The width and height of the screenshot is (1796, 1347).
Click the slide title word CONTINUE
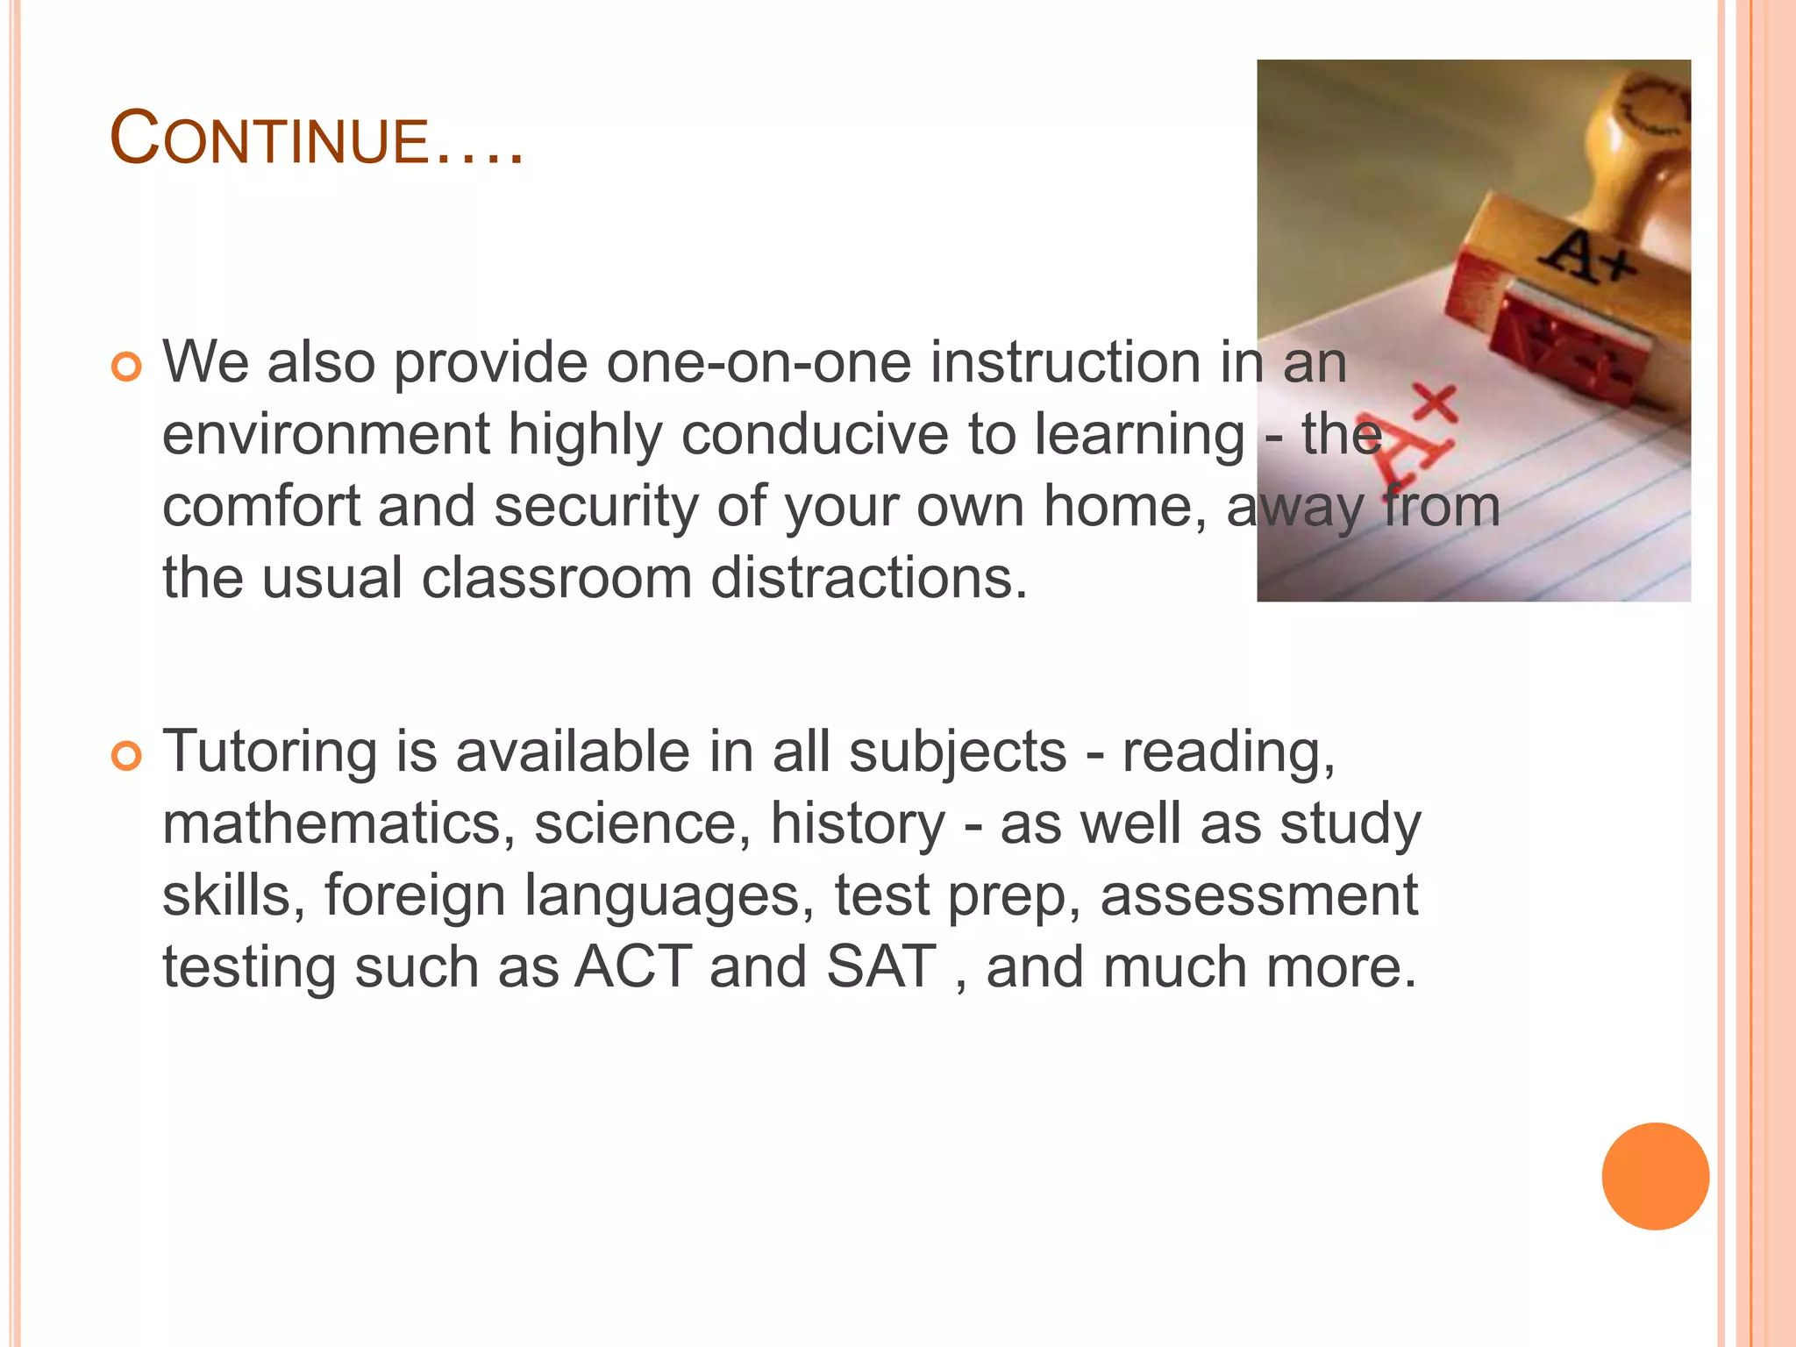click(317, 139)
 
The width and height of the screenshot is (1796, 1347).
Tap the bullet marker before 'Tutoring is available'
click(127, 756)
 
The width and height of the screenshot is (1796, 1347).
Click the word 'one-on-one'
click(759, 362)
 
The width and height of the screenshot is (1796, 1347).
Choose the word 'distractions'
click(868, 578)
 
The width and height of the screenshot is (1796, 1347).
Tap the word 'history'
click(858, 823)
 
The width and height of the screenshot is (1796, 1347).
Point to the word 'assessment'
click(1258, 895)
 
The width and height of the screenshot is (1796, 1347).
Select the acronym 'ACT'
click(633, 966)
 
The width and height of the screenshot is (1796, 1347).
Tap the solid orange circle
click(1655, 1176)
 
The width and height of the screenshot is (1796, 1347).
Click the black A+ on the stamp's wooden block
click(1589, 254)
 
